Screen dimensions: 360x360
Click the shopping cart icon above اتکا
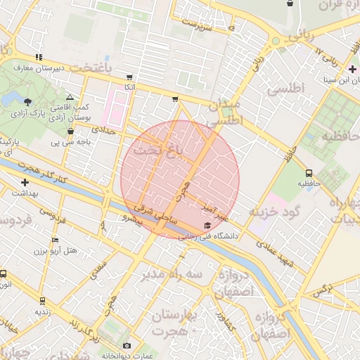[x=129, y=77]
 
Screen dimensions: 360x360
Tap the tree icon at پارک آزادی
[x=27, y=102]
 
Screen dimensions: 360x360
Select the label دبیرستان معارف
[x=41, y=68]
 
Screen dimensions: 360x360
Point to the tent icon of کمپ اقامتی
[x=70, y=98]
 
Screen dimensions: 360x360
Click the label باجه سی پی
[x=70, y=143]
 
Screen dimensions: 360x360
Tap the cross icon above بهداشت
[x=25, y=182]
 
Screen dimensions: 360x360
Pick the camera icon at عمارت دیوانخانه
[x=127, y=345]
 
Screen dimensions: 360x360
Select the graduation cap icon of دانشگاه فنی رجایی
[x=207, y=225]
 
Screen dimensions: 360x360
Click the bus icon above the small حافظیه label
[x=309, y=172]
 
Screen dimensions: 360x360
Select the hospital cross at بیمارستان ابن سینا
[x=352, y=69]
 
